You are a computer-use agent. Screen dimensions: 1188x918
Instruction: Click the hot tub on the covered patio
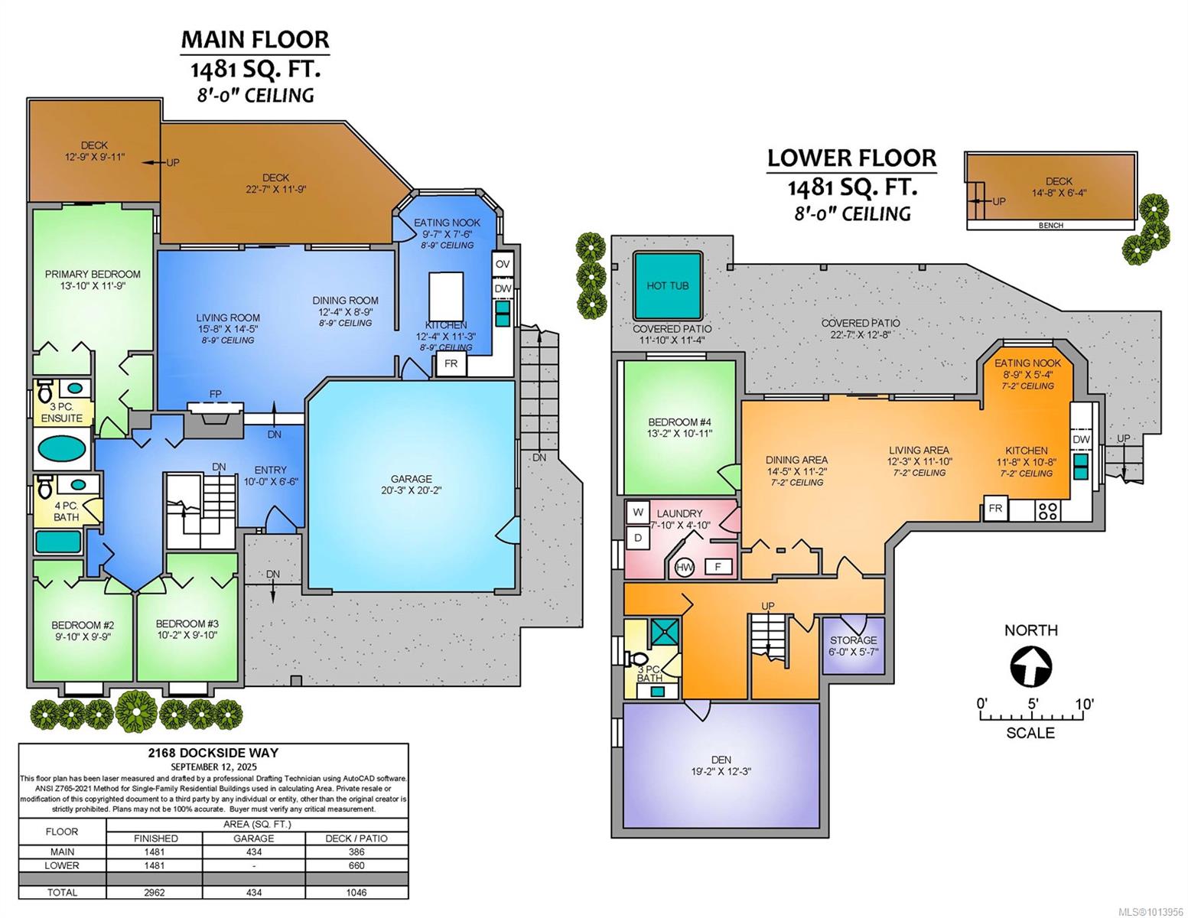click(667, 285)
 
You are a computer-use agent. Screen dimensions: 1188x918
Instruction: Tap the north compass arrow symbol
click(1030, 666)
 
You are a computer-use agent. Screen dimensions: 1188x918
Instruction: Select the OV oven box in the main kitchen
click(503, 264)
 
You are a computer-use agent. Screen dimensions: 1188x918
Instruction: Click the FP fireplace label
click(216, 394)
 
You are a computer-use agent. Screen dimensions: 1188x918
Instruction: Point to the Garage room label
click(411, 478)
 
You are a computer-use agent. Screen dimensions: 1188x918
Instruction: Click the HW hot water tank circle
click(685, 567)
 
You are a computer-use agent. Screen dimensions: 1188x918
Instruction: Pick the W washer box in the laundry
click(638, 512)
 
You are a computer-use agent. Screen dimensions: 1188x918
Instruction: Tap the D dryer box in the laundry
click(638, 538)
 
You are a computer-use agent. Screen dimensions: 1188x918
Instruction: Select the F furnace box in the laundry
click(718, 567)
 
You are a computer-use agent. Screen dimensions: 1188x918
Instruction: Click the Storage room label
click(853, 640)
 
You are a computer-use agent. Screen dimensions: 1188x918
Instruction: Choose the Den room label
click(721, 760)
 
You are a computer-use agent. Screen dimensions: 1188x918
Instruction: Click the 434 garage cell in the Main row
click(254, 851)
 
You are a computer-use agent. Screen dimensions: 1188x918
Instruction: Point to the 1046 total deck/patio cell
click(356, 892)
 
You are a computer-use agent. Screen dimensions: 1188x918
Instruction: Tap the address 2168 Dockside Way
click(213, 752)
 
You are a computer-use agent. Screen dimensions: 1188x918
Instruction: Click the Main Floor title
click(255, 39)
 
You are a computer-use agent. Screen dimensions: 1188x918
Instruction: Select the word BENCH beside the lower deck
click(1051, 225)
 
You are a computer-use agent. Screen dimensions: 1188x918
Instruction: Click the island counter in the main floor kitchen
click(446, 297)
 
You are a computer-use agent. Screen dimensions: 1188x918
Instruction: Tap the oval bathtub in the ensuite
click(62, 449)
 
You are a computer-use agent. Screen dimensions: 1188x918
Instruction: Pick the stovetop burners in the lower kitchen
click(1048, 511)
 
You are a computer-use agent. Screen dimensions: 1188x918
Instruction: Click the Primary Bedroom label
click(93, 274)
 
